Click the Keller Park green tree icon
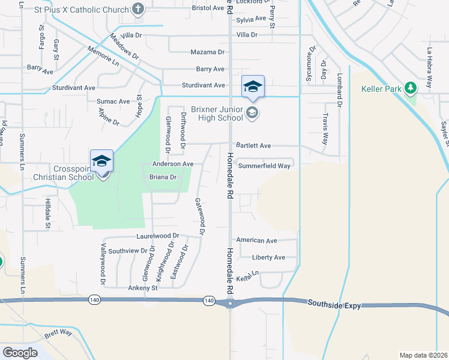point(411,89)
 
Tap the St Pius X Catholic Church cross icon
point(138,9)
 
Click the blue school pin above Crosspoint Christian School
point(101,161)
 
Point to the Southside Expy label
point(334,305)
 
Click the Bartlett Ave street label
point(253,145)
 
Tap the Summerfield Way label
point(264,166)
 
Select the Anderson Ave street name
point(173,164)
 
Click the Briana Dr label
point(163,177)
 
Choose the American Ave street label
point(256,240)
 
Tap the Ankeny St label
point(142,288)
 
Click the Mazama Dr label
point(207,52)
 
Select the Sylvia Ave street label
point(251,19)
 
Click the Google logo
point(20,353)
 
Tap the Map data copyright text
point(423,355)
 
